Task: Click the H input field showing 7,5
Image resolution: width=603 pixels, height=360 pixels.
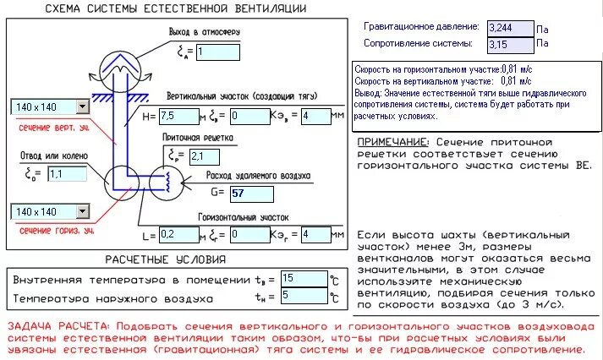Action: pos(178,115)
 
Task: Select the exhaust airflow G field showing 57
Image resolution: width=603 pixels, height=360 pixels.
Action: pos(251,194)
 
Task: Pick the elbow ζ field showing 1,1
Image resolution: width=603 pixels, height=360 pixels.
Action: pos(69,174)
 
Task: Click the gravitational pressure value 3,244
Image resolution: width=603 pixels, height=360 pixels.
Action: pos(510,27)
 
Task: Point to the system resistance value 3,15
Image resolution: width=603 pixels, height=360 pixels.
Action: pos(510,42)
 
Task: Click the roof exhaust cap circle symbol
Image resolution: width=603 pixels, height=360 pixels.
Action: pos(121,64)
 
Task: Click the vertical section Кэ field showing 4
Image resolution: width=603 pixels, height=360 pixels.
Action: pos(315,115)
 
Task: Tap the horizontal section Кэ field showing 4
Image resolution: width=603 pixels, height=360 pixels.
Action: pos(315,234)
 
